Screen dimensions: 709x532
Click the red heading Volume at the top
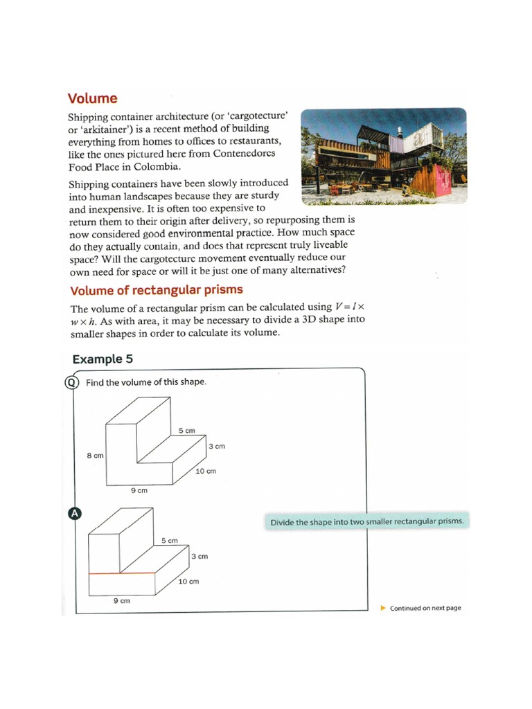click(92, 98)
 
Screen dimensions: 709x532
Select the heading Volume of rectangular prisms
click(157, 289)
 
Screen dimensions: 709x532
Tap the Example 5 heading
click(103, 359)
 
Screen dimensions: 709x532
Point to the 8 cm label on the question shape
click(95, 456)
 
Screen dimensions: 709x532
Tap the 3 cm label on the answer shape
click(199, 556)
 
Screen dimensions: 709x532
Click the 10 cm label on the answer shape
click(188, 581)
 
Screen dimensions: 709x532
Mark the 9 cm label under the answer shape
click(121, 601)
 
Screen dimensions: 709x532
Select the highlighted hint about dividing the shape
click(366, 521)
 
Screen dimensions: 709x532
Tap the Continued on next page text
click(425, 608)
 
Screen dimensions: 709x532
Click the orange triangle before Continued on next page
click(384, 608)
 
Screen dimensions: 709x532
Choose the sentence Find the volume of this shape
click(145, 382)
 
